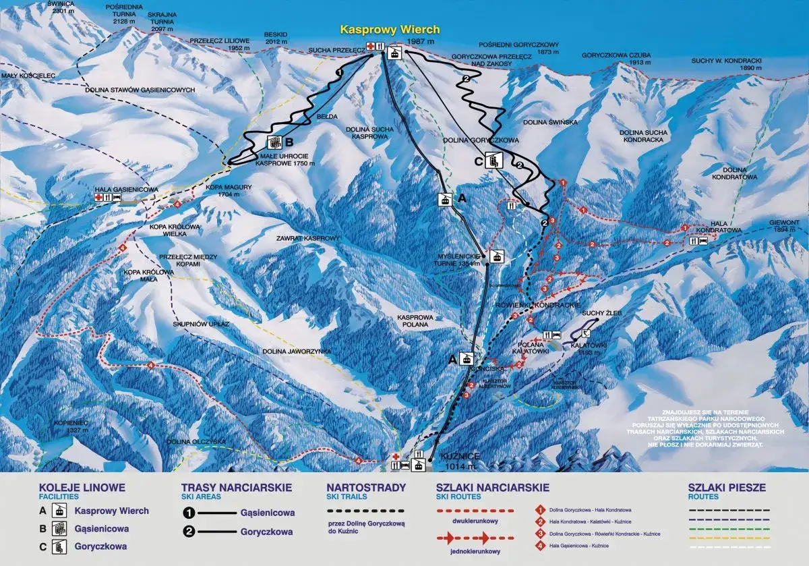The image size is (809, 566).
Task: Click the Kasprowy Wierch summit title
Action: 390,30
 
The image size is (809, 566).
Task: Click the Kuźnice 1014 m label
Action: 458,461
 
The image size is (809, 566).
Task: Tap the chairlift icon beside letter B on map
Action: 274,142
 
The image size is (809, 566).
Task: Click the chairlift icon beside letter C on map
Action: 495,161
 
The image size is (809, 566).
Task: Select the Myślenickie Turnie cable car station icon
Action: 497,256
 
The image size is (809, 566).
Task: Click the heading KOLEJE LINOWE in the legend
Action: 82,487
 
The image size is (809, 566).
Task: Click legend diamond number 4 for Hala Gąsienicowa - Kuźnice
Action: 540,545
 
